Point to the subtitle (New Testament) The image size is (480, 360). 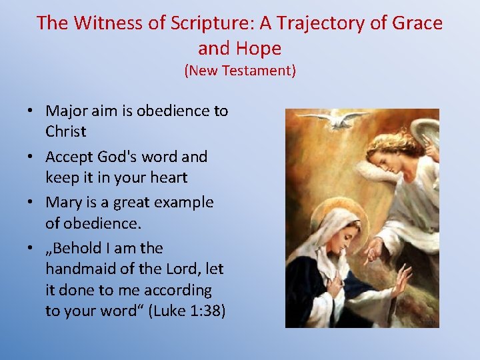240,70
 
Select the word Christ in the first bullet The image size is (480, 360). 65,131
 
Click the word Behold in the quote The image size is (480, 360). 78,248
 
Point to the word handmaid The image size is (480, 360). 84,269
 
